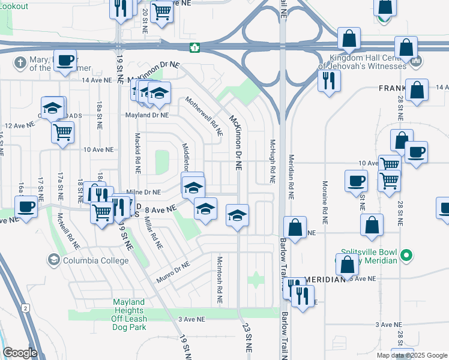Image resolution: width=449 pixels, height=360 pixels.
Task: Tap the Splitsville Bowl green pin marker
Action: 406,255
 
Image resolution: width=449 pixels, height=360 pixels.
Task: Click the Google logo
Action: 19,353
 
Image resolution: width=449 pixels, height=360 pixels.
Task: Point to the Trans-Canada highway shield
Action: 194,47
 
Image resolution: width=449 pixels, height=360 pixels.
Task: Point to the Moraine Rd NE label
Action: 324,202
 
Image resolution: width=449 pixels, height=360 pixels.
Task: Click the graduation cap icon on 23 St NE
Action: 238,214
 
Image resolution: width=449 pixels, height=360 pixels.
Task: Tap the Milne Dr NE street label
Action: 144,192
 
